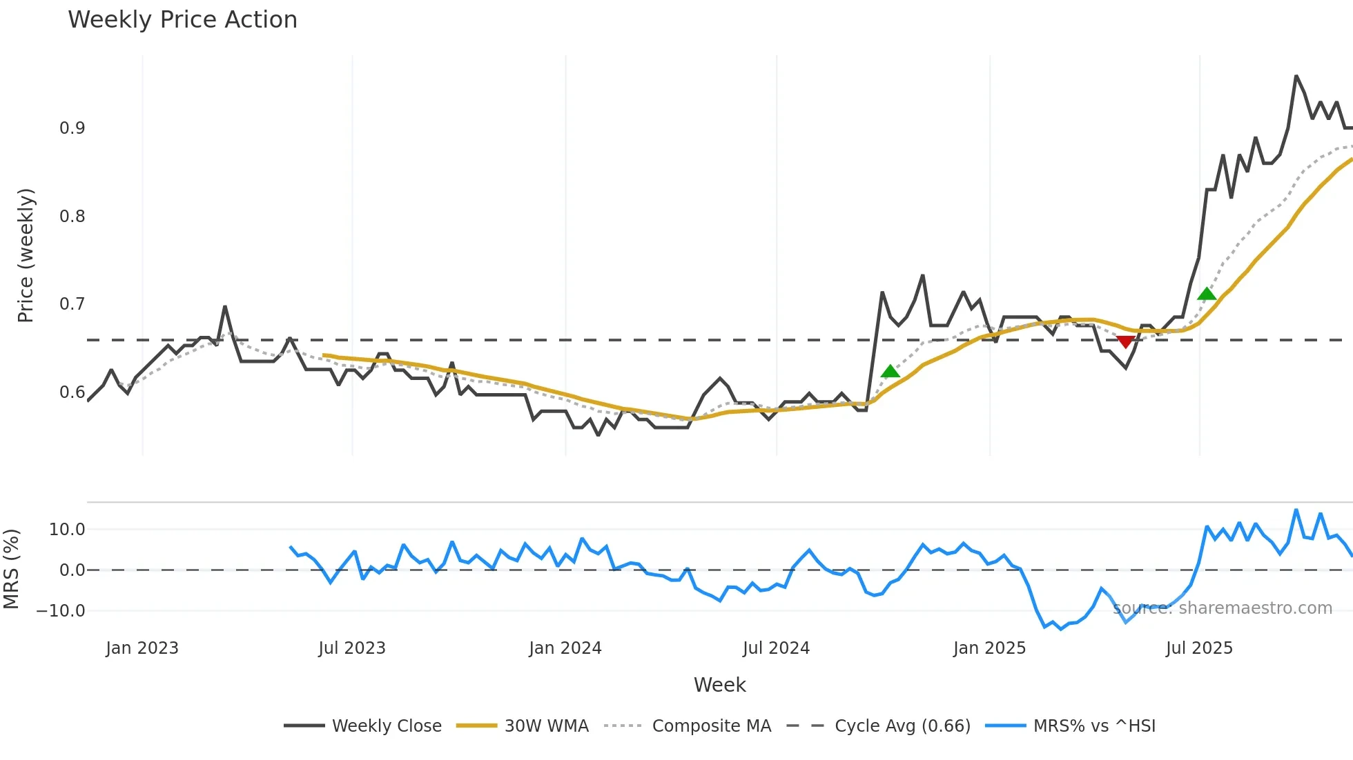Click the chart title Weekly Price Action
(182, 20)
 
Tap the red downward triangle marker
(1125, 342)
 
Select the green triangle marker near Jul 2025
(1207, 294)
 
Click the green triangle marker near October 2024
(890, 372)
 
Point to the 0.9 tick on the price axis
(72, 128)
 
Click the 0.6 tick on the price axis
(72, 392)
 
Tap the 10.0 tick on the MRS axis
(67, 530)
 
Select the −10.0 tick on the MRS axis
(61, 611)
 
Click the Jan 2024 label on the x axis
(565, 648)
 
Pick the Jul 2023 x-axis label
(352, 648)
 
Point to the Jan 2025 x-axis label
(989, 648)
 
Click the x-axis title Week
(719, 685)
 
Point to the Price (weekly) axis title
(26, 255)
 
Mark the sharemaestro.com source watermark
(1223, 608)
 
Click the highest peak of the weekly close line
(1296, 76)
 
